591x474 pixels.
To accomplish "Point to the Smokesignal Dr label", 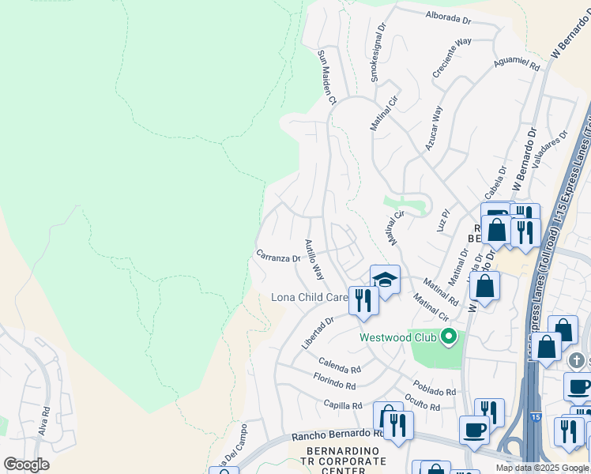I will [378, 52].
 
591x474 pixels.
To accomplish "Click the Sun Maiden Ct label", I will [327, 77].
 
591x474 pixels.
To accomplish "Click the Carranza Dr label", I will [277, 257].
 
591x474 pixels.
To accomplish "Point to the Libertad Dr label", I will [318, 333].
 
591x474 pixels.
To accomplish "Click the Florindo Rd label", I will [333, 383].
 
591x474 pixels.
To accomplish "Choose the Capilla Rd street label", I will [342, 404].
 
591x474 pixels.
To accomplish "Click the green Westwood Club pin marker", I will [449, 337].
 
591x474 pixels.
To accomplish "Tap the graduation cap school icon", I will [385, 279].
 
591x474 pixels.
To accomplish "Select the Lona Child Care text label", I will [310, 298].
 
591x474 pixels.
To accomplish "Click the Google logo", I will [26, 465].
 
